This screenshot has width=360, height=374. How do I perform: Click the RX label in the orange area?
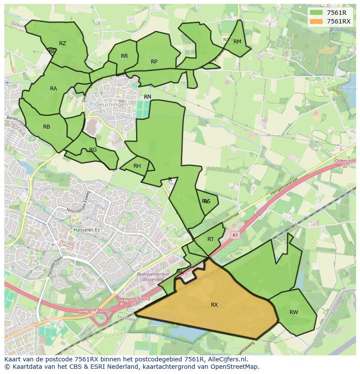[214, 305]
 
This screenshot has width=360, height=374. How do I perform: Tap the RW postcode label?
[294, 312]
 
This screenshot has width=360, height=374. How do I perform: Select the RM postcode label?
[237, 42]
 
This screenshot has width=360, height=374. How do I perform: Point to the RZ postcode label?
[63, 43]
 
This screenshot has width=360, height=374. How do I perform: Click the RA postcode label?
[53, 89]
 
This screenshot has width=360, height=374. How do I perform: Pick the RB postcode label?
[47, 127]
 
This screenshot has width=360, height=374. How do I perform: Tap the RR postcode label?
[124, 56]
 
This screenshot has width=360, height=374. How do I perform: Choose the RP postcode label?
[154, 62]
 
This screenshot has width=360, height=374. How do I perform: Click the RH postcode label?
[137, 166]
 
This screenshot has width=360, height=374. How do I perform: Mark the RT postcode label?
[210, 239]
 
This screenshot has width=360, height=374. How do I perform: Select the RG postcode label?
[93, 150]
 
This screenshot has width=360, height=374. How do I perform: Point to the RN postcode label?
[148, 97]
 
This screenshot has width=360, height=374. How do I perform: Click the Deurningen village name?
[112, 105]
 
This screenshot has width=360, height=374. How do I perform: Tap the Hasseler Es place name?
[87, 217]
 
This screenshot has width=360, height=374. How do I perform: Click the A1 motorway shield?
[235, 235]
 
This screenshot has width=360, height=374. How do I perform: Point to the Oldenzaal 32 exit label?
[346, 163]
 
